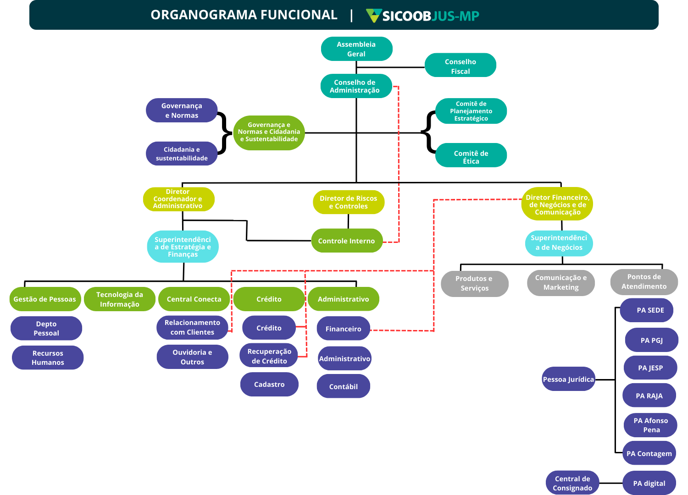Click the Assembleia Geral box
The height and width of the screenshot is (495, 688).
pos(356,49)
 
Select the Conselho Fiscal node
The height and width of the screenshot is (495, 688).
pos(460,66)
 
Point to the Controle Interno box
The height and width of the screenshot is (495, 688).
pos(346,241)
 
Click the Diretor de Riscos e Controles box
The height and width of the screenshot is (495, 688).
pos(348,202)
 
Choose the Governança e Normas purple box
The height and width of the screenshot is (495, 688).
pos(181,110)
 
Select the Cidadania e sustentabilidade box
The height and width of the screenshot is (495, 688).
pos(181,154)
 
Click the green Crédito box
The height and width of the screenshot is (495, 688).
pos(269,299)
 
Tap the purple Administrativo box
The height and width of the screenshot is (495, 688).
pos(344,358)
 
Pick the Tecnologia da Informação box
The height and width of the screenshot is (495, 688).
pos(119,299)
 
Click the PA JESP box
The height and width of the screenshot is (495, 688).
pos(650,368)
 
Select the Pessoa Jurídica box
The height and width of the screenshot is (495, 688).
pos(568,379)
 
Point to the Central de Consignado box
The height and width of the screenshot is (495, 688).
pos(572,483)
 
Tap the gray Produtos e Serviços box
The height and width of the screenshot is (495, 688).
pos(474,283)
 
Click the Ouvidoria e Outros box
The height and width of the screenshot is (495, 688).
pos(192,357)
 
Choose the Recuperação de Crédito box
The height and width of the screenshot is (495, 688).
pos(269,356)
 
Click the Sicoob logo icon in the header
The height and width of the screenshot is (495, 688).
pos(373,16)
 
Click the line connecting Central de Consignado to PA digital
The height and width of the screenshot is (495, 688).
pos(610,483)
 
